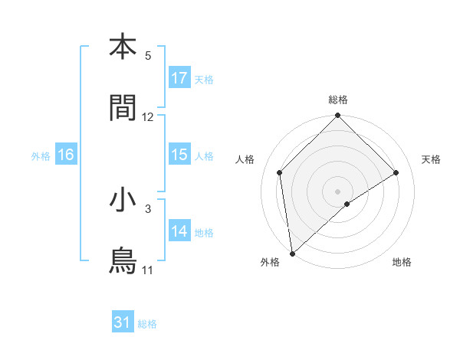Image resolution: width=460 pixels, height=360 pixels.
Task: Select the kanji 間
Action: (x=123, y=108)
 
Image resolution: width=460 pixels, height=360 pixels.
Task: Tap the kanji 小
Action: (x=123, y=200)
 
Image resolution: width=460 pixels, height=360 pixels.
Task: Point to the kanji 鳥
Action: (x=123, y=261)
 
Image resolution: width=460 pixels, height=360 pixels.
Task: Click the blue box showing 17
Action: (x=179, y=78)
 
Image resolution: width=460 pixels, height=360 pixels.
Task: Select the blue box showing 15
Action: (x=179, y=155)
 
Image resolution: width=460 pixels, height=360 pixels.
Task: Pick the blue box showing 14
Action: (x=179, y=231)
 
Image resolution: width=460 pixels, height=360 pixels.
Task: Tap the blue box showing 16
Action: (x=66, y=155)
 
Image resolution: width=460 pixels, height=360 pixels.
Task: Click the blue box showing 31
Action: (x=123, y=323)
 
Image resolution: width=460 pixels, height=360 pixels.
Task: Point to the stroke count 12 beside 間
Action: (x=148, y=117)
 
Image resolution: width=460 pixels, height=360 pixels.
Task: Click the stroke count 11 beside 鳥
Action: (x=147, y=270)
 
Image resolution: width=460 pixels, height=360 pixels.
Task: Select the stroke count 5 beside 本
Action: (x=148, y=56)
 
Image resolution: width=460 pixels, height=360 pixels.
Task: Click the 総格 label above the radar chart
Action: (x=338, y=100)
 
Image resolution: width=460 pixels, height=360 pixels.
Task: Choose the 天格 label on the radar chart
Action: (x=432, y=159)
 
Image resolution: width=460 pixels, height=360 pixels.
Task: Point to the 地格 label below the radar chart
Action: (x=402, y=263)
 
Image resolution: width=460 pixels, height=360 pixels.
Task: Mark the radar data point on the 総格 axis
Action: (x=338, y=117)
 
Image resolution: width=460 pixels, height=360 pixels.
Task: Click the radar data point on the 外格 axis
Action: (x=291, y=254)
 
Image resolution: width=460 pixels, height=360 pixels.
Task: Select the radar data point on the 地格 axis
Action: (x=347, y=204)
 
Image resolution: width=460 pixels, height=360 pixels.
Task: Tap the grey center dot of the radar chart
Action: (x=338, y=191)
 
